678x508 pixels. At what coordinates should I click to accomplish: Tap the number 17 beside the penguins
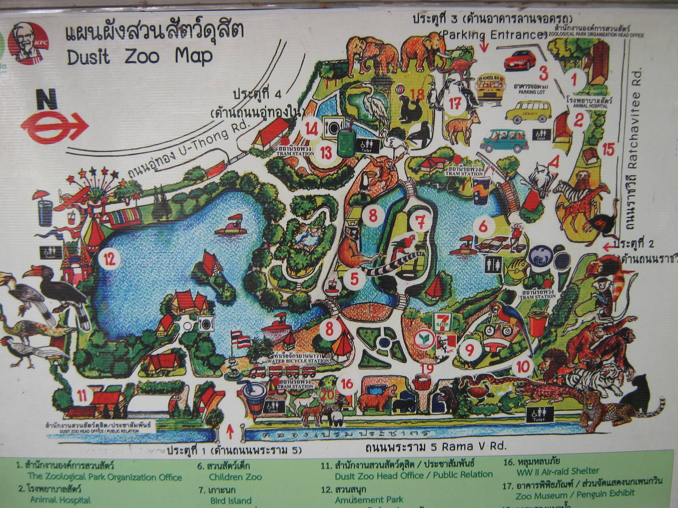(x=455, y=103)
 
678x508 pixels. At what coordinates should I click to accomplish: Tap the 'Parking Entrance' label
(x=492, y=35)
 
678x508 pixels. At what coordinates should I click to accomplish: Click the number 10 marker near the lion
(x=522, y=367)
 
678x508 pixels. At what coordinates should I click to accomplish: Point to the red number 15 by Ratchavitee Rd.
(x=608, y=149)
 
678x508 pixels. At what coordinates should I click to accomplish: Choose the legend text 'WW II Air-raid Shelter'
(x=558, y=471)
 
